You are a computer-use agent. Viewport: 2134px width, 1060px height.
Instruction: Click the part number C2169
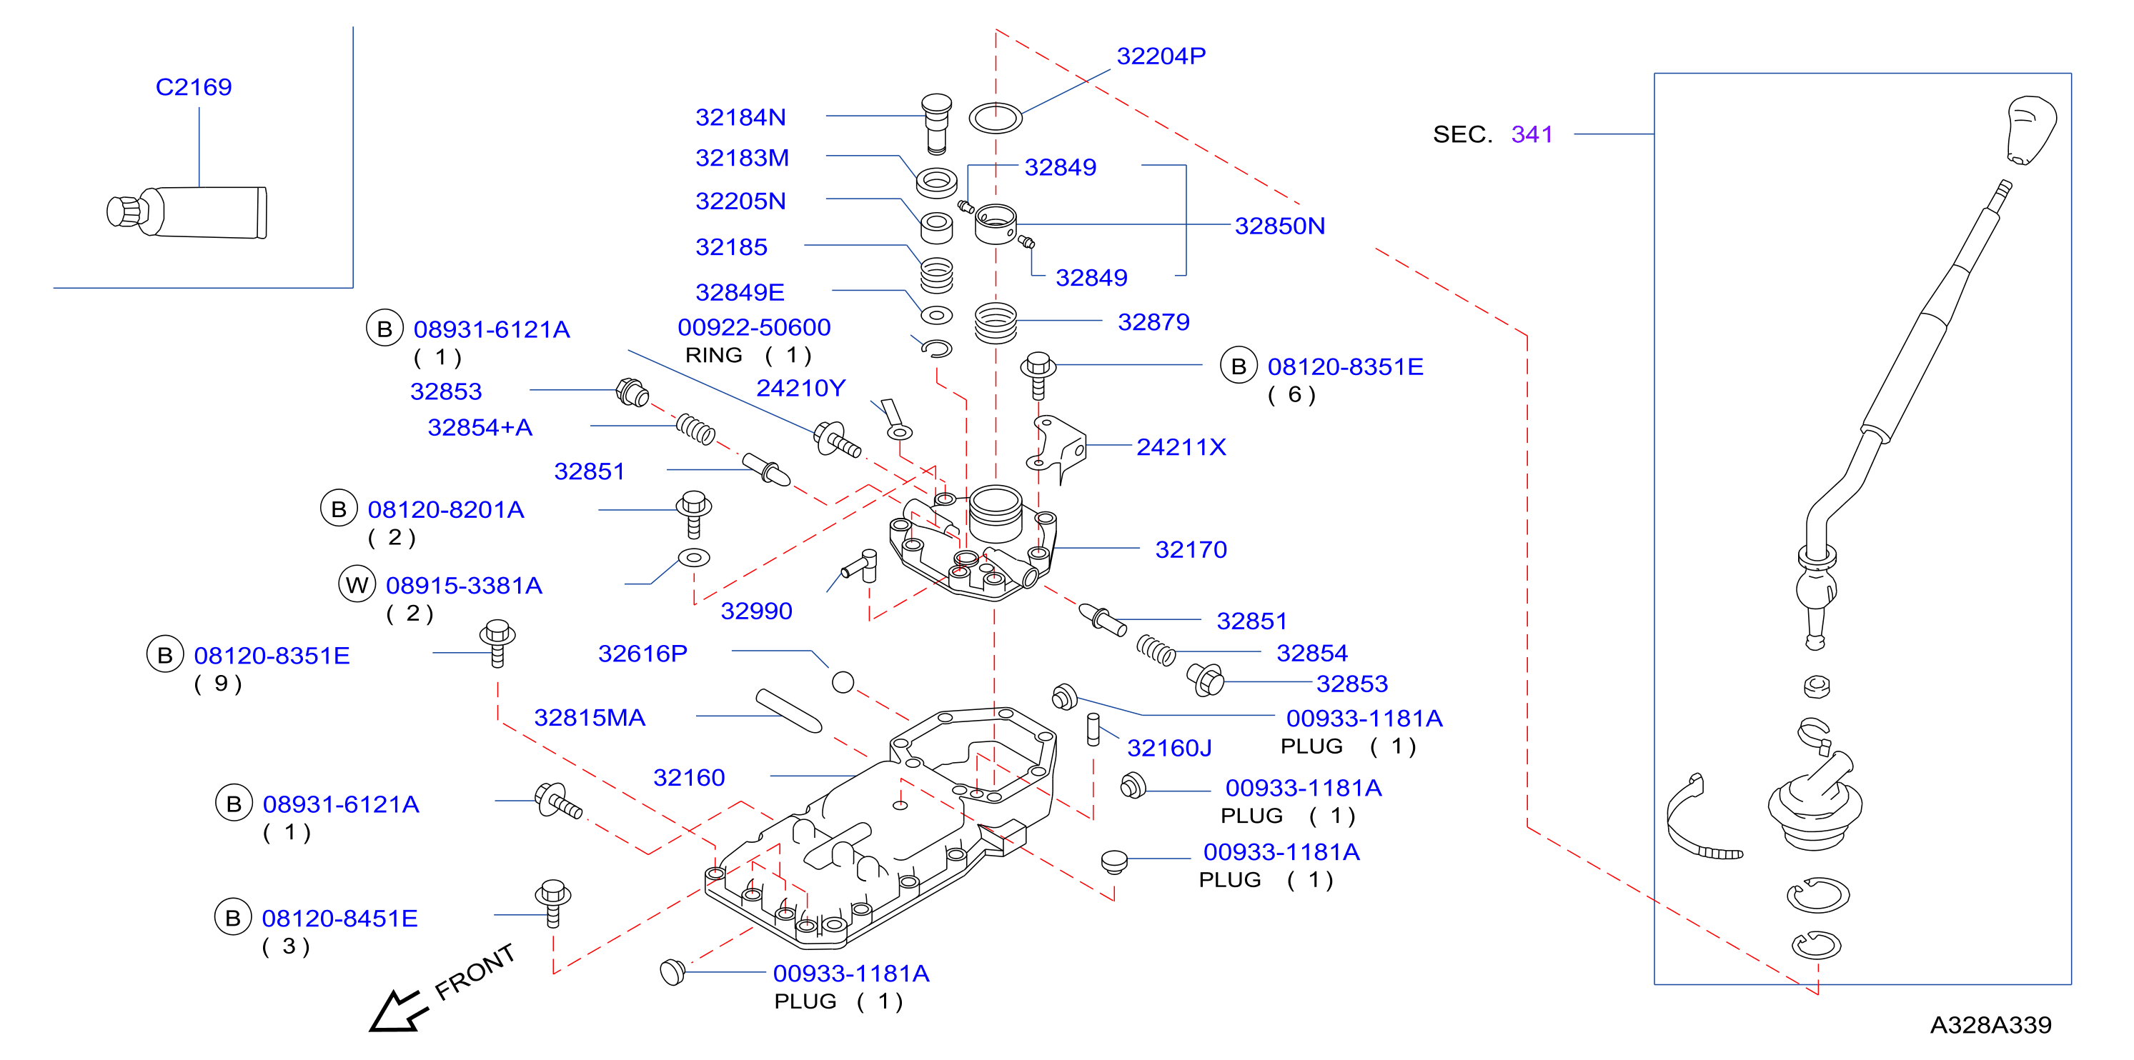(194, 87)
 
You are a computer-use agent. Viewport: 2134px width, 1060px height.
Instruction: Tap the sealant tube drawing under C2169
(187, 212)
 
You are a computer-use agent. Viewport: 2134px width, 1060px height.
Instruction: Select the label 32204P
(1161, 56)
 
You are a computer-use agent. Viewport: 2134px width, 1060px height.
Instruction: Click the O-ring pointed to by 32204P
(995, 119)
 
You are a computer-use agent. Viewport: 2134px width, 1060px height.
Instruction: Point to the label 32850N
(1279, 226)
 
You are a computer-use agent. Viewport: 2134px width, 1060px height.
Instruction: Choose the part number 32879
(1153, 322)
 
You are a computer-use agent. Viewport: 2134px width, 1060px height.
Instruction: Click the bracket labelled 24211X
(1056, 448)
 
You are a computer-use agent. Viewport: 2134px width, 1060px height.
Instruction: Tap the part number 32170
(1191, 550)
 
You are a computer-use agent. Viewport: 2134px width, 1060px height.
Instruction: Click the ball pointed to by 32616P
(843, 682)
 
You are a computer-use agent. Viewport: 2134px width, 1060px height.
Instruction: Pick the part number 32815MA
(589, 718)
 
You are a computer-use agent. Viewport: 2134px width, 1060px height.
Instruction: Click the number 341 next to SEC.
(1532, 134)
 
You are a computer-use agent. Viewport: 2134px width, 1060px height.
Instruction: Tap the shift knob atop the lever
(2030, 130)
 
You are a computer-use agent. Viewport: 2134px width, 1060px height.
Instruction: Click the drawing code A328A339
(1990, 1025)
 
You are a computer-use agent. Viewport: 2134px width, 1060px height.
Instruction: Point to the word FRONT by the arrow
(475, 972)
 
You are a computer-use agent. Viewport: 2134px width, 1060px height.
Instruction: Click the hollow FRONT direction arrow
(397, 1010)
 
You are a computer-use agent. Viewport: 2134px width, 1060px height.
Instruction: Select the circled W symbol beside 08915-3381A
(357, 585)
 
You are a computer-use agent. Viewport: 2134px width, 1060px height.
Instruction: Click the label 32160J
(1169, 749)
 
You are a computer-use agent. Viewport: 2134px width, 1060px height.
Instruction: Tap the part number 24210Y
(800, 389)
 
